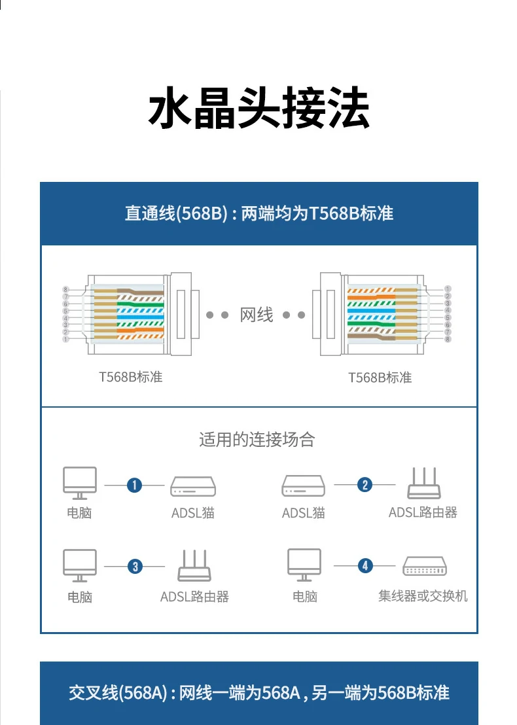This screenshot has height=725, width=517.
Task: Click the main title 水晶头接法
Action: tap(259, 109)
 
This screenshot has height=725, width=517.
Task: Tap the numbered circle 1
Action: tap(134, 485)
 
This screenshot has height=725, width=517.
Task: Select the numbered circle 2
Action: tap(365, 484)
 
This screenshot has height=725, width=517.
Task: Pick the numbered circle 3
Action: tap(135, 566)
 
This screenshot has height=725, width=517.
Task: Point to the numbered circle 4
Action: tap(365, 565)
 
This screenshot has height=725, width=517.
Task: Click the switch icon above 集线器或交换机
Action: tap(425, 566)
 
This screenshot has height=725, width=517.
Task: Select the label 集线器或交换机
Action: tap(423, 595)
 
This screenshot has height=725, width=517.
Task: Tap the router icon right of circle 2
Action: tap(423, 484)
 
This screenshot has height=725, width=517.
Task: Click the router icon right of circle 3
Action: tap(194, 566)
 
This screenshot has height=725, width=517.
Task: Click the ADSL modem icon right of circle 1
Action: tap(193, 486)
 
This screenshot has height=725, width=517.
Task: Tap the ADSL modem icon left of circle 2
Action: tap(304, 486)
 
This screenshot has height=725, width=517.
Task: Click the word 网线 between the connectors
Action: tap(257, 315)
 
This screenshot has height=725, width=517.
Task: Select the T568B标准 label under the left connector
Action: tap(131, 377)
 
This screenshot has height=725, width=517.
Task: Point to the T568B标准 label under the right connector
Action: tap(380, 378)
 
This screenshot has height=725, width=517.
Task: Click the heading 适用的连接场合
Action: tap(257, 440)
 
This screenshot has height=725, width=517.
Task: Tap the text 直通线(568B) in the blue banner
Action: tap(175, 214)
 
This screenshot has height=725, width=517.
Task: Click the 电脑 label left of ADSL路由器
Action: tap(80, 597)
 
